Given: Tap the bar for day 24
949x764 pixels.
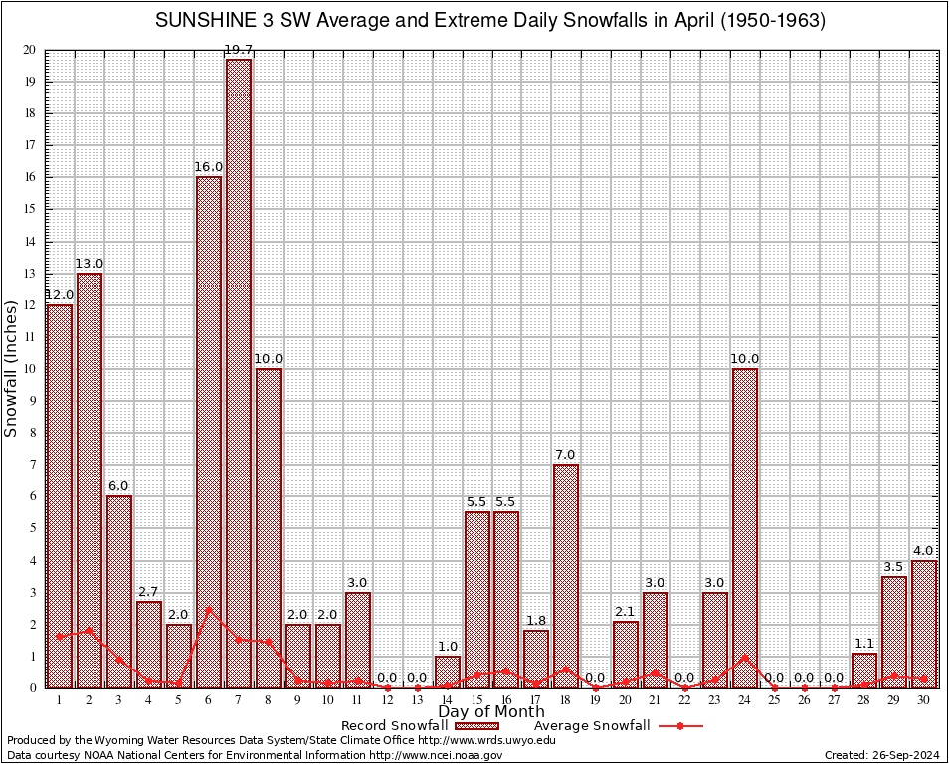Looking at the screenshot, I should [745, 527].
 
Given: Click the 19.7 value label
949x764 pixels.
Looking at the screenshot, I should [238, 51].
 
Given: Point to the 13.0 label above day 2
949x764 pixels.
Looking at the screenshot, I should [89, 264].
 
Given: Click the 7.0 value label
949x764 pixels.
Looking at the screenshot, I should [566, 455].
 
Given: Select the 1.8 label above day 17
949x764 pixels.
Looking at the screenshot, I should [536, 621].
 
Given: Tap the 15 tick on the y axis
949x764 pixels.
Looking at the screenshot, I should [30, 210].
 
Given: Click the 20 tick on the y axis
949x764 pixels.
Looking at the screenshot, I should [30, 50].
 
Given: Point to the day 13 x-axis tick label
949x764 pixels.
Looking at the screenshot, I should [417, 700].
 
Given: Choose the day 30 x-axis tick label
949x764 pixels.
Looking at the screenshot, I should [924, 700].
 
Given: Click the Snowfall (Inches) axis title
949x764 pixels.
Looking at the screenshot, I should [11, 369].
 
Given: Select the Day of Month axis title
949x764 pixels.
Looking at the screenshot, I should [491, 712].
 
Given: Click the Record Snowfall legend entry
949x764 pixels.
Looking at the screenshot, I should [394, 726].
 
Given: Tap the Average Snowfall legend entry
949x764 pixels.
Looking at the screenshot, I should [592, 726].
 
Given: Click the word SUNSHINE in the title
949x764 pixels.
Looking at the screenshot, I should [204, 21].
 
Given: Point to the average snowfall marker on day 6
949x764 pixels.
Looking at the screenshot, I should [208, 609].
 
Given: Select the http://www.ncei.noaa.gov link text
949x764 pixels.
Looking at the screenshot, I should [435, 755].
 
